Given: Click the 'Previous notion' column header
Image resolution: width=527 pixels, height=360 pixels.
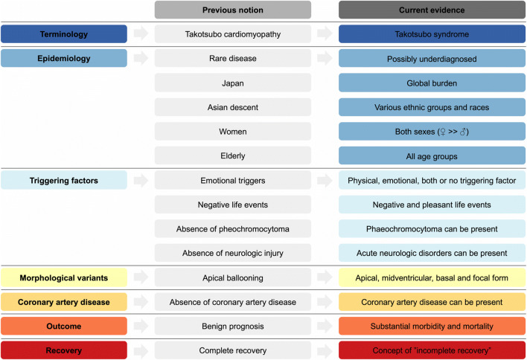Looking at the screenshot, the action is pyautogui.click(x=233, y=10).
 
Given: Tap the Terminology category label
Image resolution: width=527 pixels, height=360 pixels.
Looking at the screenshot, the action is pyautogui.click(x=63, y=34).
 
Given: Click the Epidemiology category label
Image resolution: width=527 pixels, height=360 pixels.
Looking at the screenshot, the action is pyautogui.click(x=63, y=59).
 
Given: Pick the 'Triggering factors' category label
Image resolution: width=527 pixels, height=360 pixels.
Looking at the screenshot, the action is pyautogui.click(x=63, y=180).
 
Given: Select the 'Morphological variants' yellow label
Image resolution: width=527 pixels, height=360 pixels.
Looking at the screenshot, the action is pyautogui.click(x=63, y=277).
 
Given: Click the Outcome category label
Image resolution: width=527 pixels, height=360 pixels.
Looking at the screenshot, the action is pyautogui.click(x=63, y=326).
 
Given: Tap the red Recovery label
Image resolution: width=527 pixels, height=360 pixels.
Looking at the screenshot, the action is pyautogui.click(x=63, y=350).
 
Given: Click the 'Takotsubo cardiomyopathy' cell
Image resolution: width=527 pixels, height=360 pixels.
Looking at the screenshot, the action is pyautogui.click(x=233, y=34).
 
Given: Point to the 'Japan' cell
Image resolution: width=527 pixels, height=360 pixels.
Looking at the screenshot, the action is pyautogui.click(x=233, y=83).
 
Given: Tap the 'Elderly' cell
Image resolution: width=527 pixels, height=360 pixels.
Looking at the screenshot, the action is pyautogui.click(x=233, y=155).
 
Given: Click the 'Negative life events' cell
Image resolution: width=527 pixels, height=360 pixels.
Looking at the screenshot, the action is pyautogui.click(x=233, y=205).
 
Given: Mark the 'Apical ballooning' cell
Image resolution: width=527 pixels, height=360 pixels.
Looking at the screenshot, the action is pyautogui.click(x=233, y=277).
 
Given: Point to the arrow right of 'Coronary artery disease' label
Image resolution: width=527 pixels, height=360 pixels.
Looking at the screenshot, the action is pyautogui.click(x=141, y=302).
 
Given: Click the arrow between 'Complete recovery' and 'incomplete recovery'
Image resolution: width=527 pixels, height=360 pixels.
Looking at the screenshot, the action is pyautogui.click(x=325, y=350).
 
